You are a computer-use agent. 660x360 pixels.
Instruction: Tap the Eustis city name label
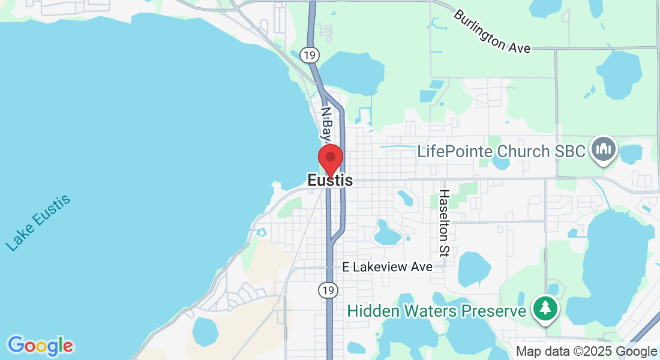[x=330, y=180]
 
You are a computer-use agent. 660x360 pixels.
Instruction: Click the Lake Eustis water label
[x=38, y=223]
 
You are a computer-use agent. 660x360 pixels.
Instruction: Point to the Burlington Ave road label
[x=492, y=32]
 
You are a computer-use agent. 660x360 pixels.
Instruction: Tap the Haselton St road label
[x=444, y=223]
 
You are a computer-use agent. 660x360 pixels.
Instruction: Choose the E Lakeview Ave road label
[x=387, y=267]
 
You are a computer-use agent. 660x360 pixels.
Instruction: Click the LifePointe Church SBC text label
[x=501, y=151]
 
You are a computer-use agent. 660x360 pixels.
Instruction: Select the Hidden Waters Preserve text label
[x=437, y=311]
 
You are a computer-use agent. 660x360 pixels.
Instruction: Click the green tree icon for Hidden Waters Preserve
[x=545, y=308]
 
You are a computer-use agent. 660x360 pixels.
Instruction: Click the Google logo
[x=40, y=346]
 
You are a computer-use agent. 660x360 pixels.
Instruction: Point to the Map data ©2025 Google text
[x=586, y=352]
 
